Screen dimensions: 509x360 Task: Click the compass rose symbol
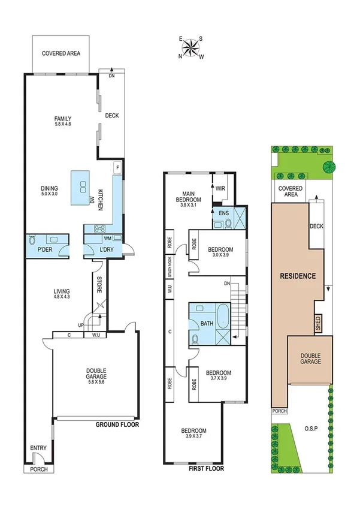(191, 47)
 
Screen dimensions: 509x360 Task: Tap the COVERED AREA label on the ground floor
(62, 53)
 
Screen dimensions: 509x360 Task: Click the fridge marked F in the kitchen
(118, 166)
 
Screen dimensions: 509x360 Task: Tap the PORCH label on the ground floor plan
(38, 469)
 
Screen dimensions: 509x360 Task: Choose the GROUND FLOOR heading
(117, 424)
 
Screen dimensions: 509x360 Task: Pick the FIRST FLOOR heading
(206, 468)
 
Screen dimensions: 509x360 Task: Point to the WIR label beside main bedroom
(220, 188)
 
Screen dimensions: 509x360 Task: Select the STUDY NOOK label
(170, 264)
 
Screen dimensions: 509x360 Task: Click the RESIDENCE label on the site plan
(297, 276)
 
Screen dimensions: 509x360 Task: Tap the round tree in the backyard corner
(328, 167)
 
